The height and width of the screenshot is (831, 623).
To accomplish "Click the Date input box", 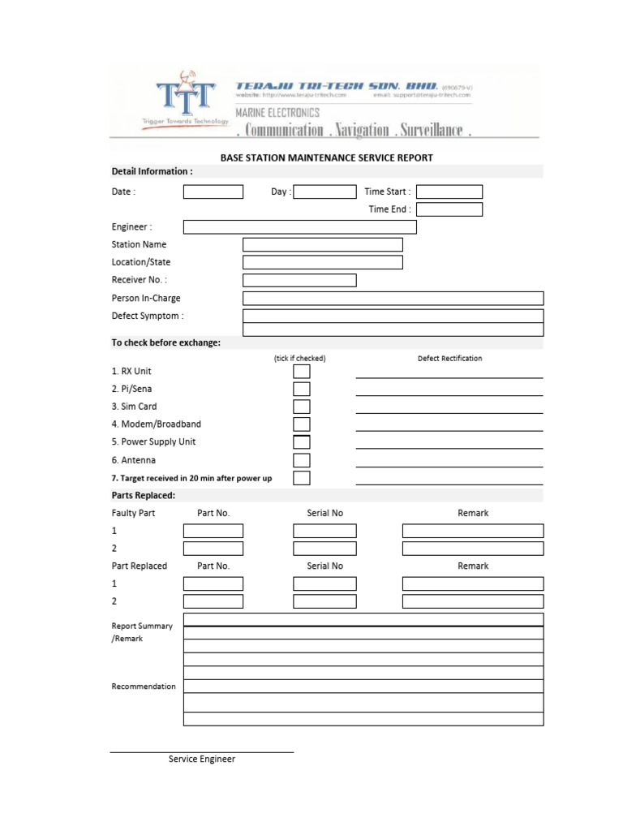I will pyautogui.click(x=213, y=192).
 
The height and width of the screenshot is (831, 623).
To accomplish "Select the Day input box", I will pyautogui.click(x=324, y=192).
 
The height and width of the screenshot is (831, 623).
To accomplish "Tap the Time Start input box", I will pyautogui.click(x=449, y=192).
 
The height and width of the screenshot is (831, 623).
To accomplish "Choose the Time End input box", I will pyautogui.click(x=449, y=209).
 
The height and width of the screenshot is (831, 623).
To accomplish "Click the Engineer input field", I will pyautogui.click(x=299, y=227).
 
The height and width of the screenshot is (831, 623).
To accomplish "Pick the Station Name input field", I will pyautogui.click(x=322, y=244).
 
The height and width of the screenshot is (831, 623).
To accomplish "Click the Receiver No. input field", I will pyautogui.click(x=299, y=280).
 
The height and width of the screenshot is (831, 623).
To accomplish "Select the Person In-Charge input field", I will pyautogui.click(x=393, y=298).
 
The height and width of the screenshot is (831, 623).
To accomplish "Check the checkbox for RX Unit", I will pyautogui.click(x=301, y=372).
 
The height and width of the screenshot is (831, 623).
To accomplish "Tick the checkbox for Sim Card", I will pyautogui.click(x=301, y=407).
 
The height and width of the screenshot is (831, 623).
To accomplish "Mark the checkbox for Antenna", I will pyautogui.click(x=301, y=460).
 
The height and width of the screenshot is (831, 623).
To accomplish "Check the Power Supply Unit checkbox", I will pyautogui.click(x=301, y=442).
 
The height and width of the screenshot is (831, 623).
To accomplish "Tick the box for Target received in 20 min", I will pyautogui.click(x=301, y=478).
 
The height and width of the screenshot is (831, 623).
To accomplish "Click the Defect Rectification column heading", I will pyautogui.click(x=449, y=358).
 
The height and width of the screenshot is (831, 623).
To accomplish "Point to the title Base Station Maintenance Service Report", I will pyautogui.click(x=327, y=157).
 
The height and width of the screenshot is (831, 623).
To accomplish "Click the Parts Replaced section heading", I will pyautogui.click(x=144, y=495).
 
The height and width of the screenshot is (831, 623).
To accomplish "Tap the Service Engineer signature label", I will pyautogui.click(x=201, y=759).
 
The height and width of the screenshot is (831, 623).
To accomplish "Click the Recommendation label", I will pyautogui.click(x=144, y=687).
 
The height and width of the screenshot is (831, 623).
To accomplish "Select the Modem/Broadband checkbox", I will pyautogui.click(x=301, y=424).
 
